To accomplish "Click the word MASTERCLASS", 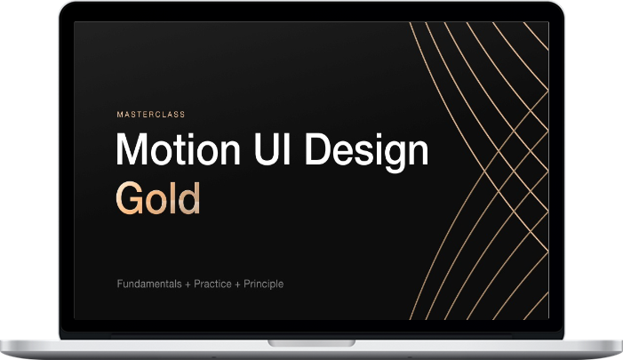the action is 151,115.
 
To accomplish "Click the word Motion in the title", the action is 179,149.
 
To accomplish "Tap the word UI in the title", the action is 273,149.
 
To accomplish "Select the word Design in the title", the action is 366,153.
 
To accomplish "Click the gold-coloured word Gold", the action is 157,198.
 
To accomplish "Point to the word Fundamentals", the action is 149,284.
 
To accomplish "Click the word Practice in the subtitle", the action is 212,284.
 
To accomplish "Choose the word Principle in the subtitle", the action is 263,284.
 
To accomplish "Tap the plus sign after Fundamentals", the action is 188,284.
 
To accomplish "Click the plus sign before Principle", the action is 237,284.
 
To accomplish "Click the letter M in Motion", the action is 132,149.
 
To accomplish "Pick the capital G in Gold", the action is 131,198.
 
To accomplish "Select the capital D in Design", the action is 318,149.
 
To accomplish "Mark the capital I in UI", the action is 289,149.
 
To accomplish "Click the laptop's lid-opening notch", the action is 311,343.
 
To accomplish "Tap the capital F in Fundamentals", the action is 120,284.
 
